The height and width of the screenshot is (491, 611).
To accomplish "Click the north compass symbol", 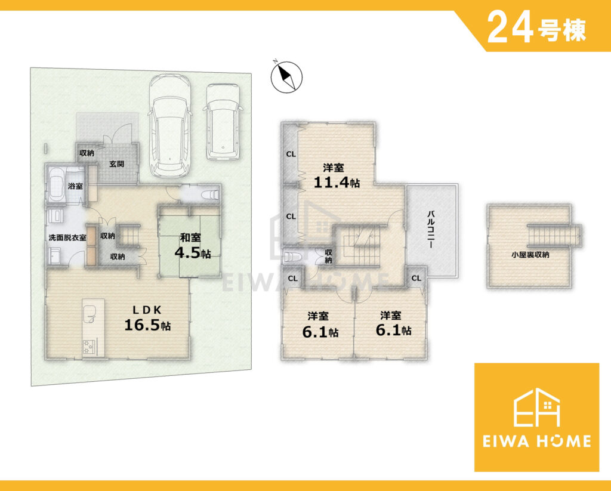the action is tap(286, 76).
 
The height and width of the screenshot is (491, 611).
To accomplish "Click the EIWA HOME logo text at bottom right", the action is tap(536, 441).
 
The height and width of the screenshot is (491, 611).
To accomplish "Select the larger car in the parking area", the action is tap(170, 126).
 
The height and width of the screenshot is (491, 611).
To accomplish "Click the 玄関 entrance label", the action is tap(116, 164).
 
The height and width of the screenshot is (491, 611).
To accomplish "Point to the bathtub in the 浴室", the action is tap(57, 185).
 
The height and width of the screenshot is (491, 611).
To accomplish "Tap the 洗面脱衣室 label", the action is tap(67, 237).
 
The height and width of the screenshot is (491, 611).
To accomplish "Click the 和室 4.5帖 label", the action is tap(191, 246).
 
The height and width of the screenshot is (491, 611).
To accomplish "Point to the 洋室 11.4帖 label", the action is tap(337, 177).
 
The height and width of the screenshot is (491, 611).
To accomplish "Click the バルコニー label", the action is tap(431, 230).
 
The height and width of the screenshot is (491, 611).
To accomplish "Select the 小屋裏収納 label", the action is tap(530, 255).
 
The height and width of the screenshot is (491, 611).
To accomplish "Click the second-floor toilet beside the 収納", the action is tap(293, 257).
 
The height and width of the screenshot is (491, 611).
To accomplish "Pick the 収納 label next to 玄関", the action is tap(87, 153).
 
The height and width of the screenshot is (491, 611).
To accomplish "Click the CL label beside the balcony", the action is tap(416, 278).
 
